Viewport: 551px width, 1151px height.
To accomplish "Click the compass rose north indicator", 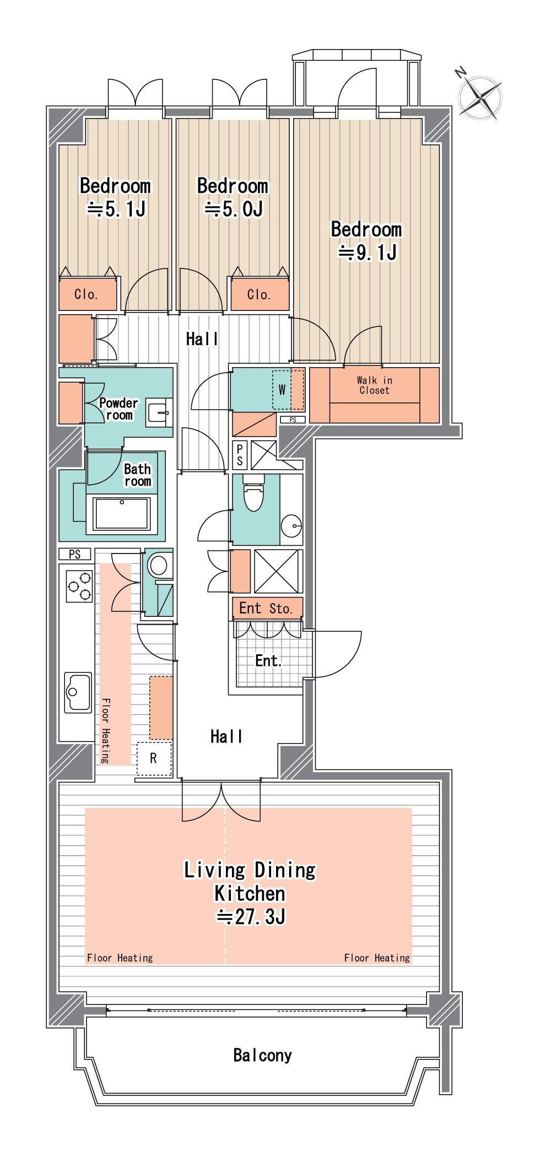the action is [x=480, y=97].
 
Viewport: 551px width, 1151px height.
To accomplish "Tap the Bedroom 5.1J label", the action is [x=115, y=197].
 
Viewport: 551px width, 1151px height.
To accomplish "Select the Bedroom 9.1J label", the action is [x=366, y=241].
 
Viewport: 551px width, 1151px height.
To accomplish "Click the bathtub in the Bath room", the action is [x=122, y=514].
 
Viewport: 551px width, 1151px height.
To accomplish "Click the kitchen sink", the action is [x=78, y=692].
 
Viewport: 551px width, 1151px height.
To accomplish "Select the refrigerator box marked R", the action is [x=154, y=759].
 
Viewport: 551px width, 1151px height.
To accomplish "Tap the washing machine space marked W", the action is [x=282, y=390].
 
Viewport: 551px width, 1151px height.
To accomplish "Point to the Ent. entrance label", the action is [x=268, y=660].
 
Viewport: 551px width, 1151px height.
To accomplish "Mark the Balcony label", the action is [x=262, y=1056].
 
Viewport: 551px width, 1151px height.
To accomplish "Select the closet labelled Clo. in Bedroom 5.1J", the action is [x=87, y=295].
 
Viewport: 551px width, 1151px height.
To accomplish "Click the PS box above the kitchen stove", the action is [x=75, y=555].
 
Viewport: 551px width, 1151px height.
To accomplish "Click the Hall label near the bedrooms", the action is [x=202, y=339].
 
